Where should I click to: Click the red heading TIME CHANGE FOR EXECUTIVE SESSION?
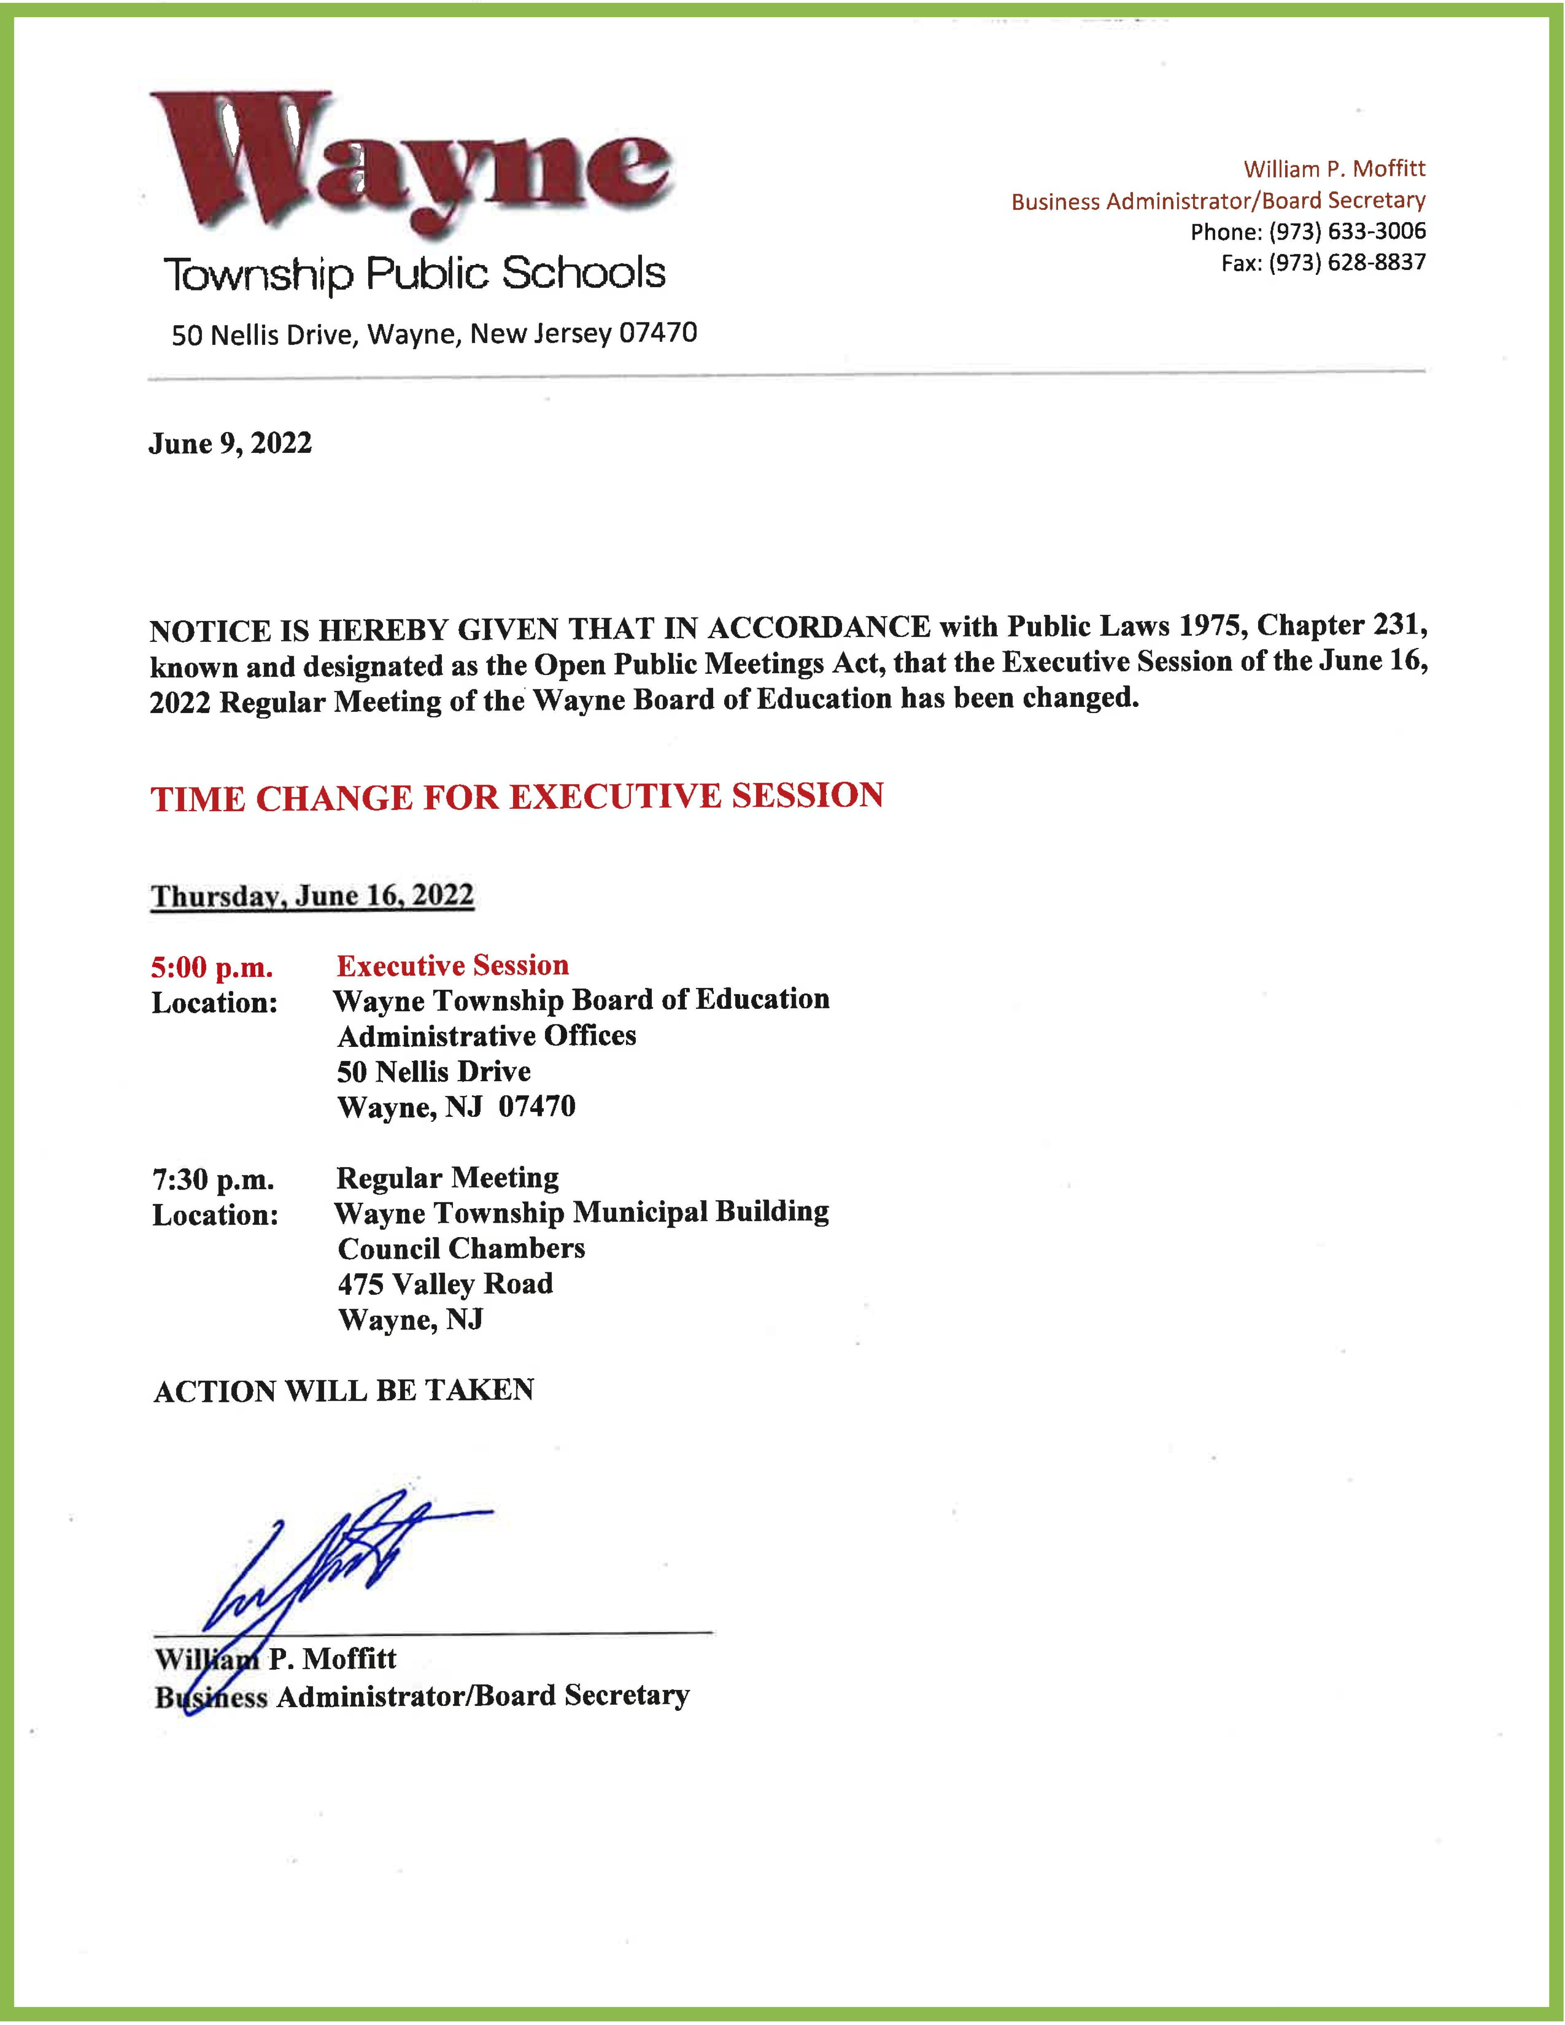516,796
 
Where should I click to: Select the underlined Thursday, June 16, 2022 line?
313,895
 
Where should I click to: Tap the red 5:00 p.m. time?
212,967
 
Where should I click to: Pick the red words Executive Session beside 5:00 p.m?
453,965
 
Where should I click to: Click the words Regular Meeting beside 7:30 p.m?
447,1177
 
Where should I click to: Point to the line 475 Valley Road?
445,1284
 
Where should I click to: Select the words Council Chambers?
461,1249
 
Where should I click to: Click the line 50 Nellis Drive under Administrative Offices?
433,1072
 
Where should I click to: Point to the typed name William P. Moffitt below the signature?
275,1659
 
